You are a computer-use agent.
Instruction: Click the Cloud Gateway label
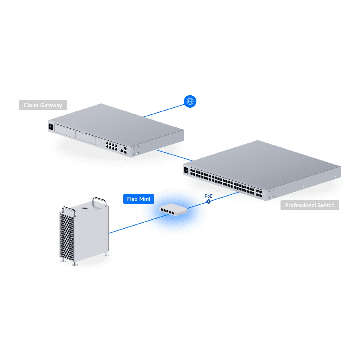[x=43, y=105]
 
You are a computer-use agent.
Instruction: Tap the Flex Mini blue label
[x=139, y=199]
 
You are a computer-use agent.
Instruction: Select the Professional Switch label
[x=310, y=205]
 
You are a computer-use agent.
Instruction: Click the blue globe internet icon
[x=190, y=101]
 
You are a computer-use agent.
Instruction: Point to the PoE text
[x=208, y=196]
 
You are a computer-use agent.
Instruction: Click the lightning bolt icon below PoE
[x=208, y=201]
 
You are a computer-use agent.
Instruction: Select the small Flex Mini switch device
[x=173, y=210]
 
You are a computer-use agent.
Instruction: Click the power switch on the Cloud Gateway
[x=50, y=127]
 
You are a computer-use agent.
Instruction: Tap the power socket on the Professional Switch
[x=186, y=171]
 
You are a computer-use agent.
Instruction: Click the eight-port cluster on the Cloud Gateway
[x=111, y=146]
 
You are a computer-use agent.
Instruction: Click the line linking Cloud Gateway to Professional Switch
[x=174, y=155]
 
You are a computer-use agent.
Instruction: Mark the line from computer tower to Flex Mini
[x=135, y=223]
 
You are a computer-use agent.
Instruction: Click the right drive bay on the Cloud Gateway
[x=85, y=137]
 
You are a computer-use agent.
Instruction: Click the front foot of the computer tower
[x=75, y=264]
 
